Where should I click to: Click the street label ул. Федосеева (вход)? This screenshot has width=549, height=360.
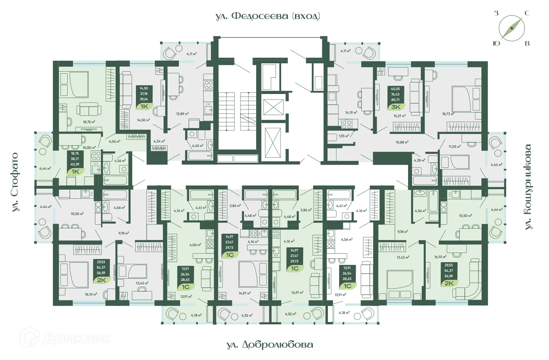268,16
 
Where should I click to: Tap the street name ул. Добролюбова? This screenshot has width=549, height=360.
270,344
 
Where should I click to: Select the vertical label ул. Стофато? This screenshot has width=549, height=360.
15,182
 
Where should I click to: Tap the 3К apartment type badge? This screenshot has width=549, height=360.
396,107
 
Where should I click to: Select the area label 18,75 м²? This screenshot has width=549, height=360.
89,122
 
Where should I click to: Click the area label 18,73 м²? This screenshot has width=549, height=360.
448,114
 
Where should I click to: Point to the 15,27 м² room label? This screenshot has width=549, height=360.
399,116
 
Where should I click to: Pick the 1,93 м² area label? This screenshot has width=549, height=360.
343,136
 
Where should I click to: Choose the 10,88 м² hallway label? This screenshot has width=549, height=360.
402,142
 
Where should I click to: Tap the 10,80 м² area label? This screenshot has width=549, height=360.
89,147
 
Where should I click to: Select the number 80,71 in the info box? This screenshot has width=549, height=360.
395,100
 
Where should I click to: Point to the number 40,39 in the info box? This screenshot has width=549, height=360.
75,164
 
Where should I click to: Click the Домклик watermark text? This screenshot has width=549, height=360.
77,339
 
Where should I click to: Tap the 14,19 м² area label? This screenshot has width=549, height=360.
351,113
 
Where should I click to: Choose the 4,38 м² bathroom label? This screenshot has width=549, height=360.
419,160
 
